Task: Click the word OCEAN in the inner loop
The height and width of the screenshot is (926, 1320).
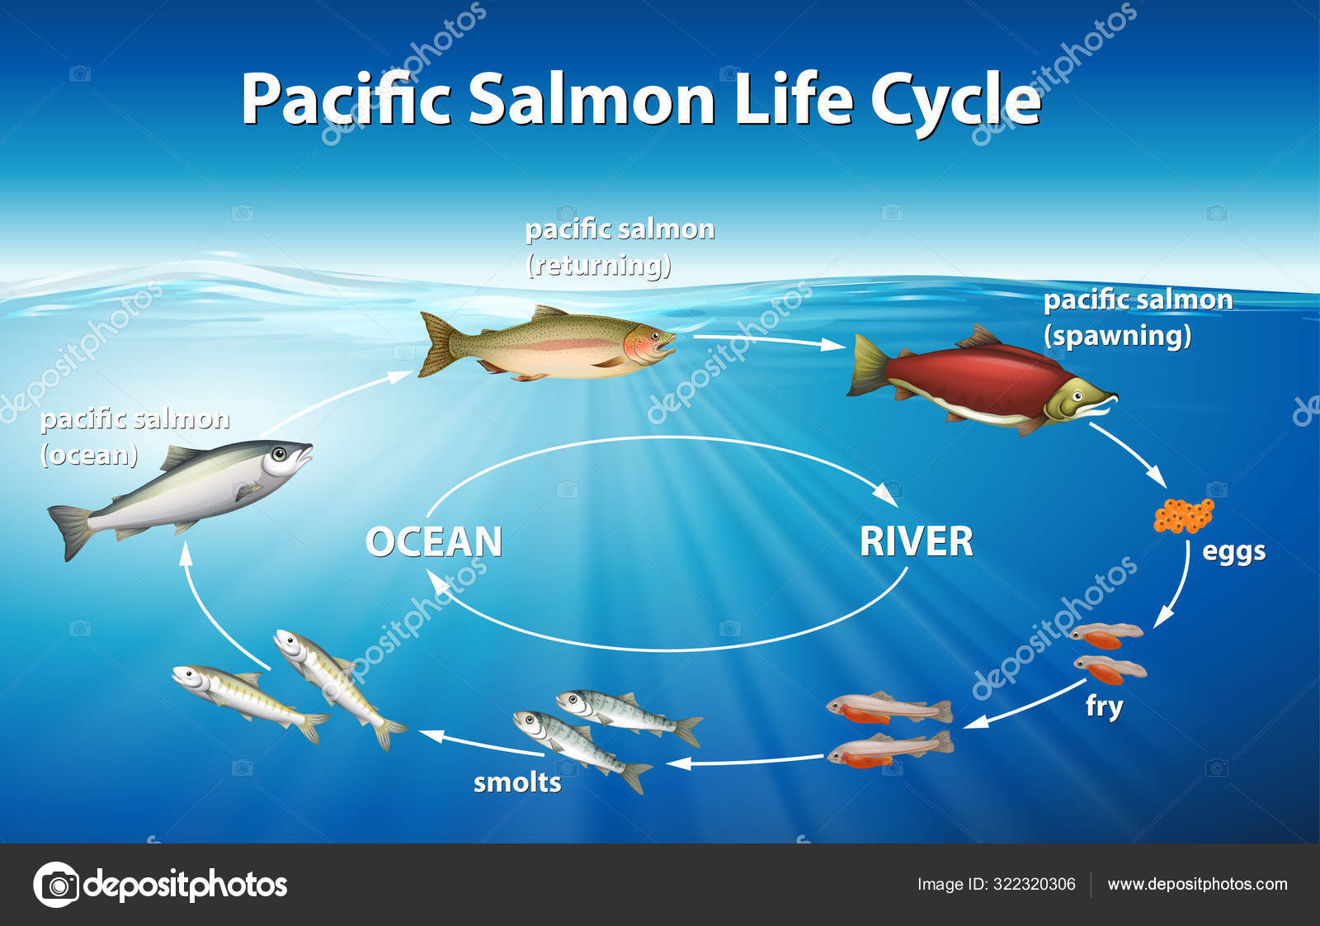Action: pos(434,541)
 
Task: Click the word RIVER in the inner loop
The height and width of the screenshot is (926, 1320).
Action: pos(917,541)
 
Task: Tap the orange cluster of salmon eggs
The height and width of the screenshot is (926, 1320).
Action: pos(1183,515)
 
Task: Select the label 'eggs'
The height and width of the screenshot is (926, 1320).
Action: pos(1234,552)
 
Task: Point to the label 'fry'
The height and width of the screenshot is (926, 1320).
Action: pos(1105,706)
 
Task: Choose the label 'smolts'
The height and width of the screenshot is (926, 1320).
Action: pos(517,782)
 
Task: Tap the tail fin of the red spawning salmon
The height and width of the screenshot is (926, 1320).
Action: pos(867,365)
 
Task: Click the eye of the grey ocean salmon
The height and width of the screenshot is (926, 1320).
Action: pos(279,454)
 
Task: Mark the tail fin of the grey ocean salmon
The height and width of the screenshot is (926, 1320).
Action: pos(71,532)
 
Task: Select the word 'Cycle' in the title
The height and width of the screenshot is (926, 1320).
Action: pos(956,99)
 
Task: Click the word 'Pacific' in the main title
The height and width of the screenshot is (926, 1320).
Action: pos(346,98)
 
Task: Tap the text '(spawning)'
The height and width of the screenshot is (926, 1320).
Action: pos(1118,336)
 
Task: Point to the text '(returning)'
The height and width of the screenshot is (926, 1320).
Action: pos(599,265)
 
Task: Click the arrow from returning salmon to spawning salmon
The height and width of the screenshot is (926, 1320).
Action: pos(770,341)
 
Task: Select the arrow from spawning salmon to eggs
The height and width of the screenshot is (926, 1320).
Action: pos(1128,455)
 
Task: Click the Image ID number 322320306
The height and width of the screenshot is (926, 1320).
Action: pos(1035,884)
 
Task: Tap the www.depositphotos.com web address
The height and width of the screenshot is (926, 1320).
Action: pos(1197,885)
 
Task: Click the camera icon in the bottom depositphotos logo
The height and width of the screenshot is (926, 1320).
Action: pos(57,885)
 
